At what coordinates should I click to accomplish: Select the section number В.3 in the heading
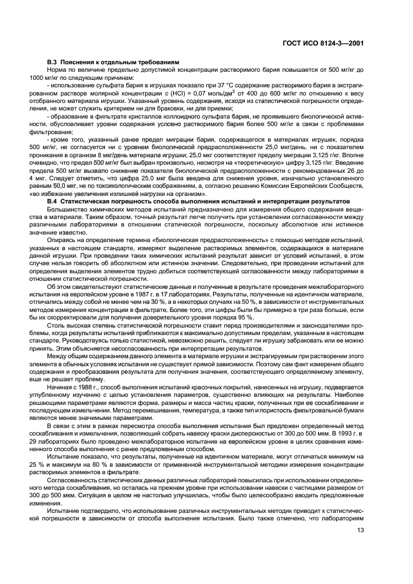[52, 62]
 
